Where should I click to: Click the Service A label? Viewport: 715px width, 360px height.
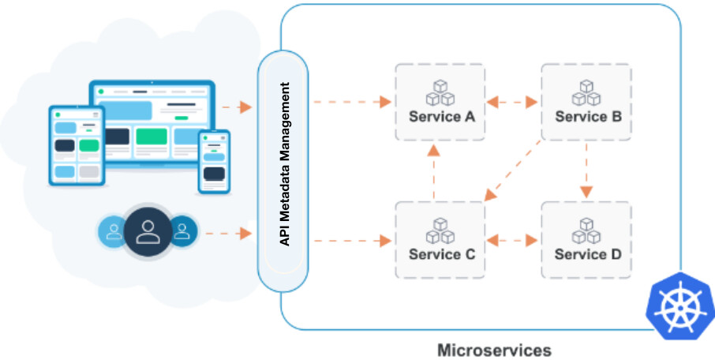pyautogui.click(x=441, y=116)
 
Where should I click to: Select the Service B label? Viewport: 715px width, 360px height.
pyautogui.click(x=588, y=116)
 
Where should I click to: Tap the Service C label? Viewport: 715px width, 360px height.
pyautogui.click(x=441, y=253)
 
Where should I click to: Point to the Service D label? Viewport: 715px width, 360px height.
pyautogui.click(x=588, y=253)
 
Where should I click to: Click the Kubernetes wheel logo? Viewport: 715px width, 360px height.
pyautogui.click(x=680, y=306)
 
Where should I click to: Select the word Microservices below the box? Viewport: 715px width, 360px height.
pyautogui.click(x=494, y=351)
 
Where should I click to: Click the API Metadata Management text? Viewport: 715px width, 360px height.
pyautogui.click(x=285, y=164)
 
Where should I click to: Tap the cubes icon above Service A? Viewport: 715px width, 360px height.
pyautogui.click(x=440, y=92)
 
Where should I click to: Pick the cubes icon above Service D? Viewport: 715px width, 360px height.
pyautogui.click(x=586, y=231)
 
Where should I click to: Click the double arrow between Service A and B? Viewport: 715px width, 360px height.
pyautogui.click(x=512, y=102)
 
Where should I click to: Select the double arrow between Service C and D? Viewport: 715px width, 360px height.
pyautogui.click(x=512, y=240)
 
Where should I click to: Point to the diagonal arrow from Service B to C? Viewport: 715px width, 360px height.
pyautogui.click(x=512, y=171)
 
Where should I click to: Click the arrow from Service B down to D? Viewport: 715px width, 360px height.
pyautogui.click(x=586, y=171)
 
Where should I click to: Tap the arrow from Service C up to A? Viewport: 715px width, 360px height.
pyautogui.click(x=433, y=171)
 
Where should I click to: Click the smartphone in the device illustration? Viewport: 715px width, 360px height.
pyautogui.click(x=214, y=162)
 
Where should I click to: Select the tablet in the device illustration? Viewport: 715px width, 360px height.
pyautogui.click(x=77, y=145)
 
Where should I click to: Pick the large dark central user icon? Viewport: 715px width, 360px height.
pyautogui.click(x=148, y=231)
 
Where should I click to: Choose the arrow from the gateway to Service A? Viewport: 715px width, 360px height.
pyautogui.click(x=353, y=102)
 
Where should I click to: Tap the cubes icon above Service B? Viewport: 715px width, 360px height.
pyautogui.click(x=586, y=92)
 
